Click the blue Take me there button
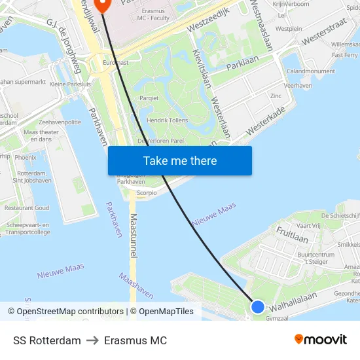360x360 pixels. [x=180, y=160]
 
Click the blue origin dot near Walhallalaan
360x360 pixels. [x=258, y=306]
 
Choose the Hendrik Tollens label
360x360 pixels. [x=168, y=120]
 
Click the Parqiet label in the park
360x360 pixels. [x=149, y=98]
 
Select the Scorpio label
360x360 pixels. [x=147, y=193]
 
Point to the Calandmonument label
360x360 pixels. [x=311, y=71]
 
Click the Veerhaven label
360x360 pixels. [x=298, y=85]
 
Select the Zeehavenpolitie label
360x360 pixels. [x=60, y=122]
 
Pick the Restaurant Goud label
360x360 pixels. [x=27, y=207]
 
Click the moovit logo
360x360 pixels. [x=320, y=339]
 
